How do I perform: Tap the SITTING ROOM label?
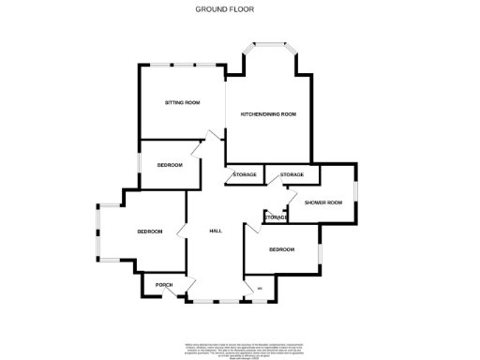pos(183,102)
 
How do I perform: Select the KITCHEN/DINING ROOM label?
pos(268,114)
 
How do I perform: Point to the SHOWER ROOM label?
pos(323,202)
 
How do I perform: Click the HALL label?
pos(215,232)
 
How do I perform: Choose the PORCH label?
pos(151,285)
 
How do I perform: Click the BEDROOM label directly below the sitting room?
pos(169,165)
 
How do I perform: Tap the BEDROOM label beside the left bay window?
pos(150,232)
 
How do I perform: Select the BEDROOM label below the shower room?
pos(281,249)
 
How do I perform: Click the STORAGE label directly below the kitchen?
pos(245,175)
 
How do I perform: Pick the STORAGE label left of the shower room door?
pos(292,175)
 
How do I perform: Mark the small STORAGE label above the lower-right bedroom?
pos(276,217)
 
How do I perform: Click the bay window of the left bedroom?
pos(98,232)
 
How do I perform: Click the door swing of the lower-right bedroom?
pos(253,230)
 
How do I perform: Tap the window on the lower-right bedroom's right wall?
pos(321,250)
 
